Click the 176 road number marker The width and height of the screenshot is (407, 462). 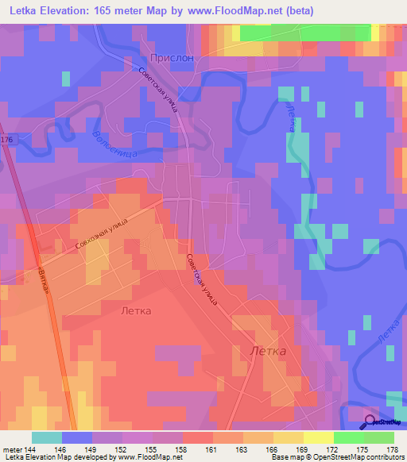[x=7, y=140]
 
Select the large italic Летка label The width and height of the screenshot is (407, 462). [x=268, y=350]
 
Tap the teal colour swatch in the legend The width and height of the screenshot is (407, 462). [x=47, y=437]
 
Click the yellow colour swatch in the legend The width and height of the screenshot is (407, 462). [x=319, y=437]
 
